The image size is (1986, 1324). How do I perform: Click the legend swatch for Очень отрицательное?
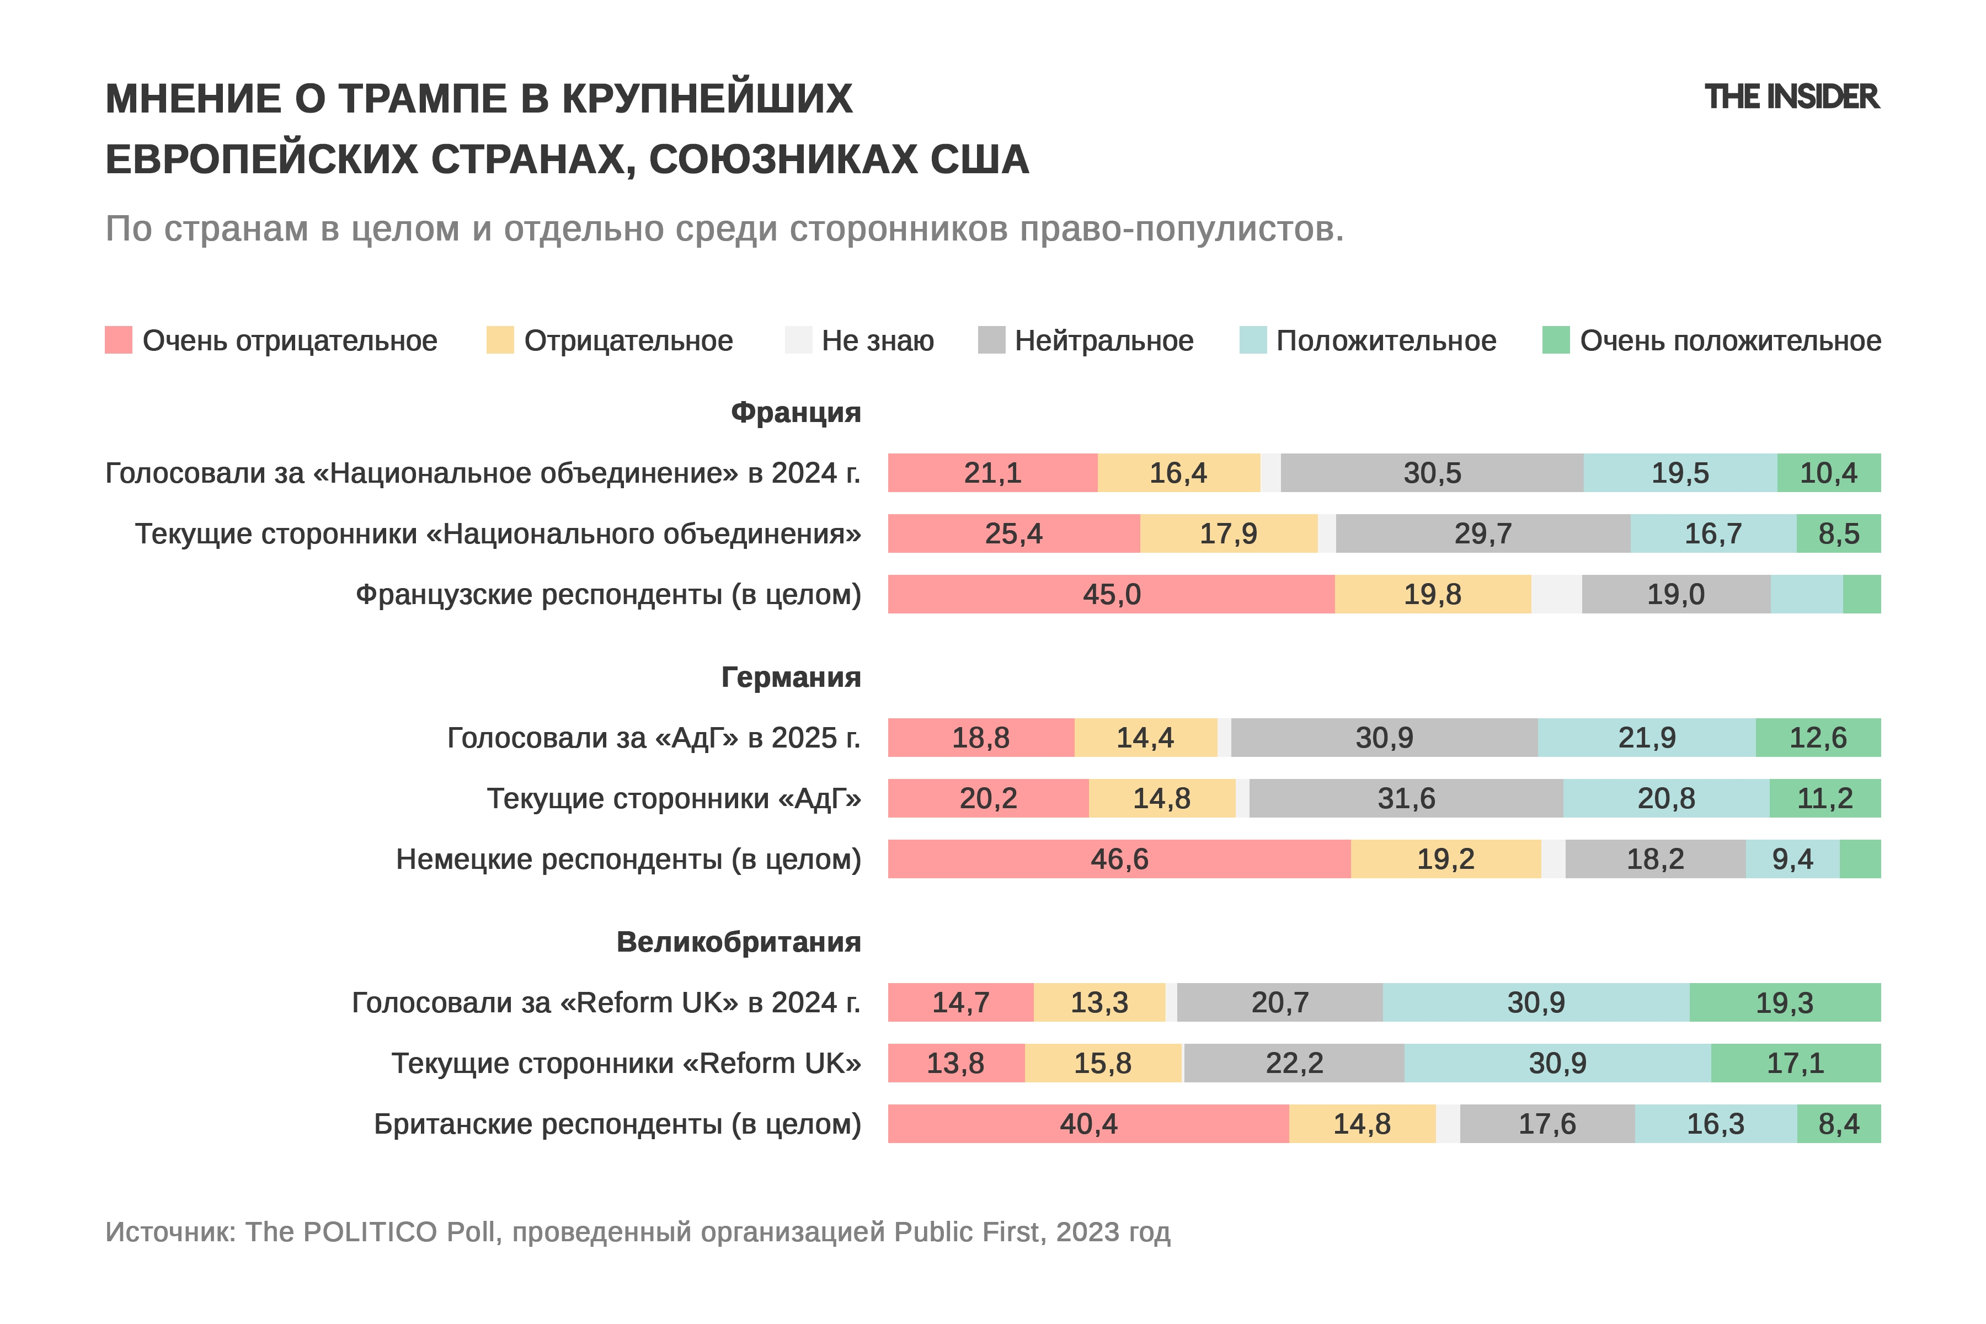pos(118,340)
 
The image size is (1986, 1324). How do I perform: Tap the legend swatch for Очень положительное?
pos(1555,340)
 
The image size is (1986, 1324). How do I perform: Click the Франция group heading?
pos(796,412)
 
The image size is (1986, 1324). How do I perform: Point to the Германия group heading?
pos(791,677)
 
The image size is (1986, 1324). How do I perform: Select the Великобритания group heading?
pos(738,942)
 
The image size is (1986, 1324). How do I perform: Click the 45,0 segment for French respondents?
pos(1111,595)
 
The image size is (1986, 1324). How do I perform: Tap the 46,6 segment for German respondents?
pos(1119,859)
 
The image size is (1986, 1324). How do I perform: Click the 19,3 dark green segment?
pos(1784,1002)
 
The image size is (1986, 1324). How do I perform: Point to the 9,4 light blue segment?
pos(1792,859)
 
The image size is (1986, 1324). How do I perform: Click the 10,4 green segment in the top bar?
pos(1828,473)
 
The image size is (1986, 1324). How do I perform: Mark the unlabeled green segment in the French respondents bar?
pos(1862,595)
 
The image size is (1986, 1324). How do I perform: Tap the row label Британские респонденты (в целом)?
pos(617,1124)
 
